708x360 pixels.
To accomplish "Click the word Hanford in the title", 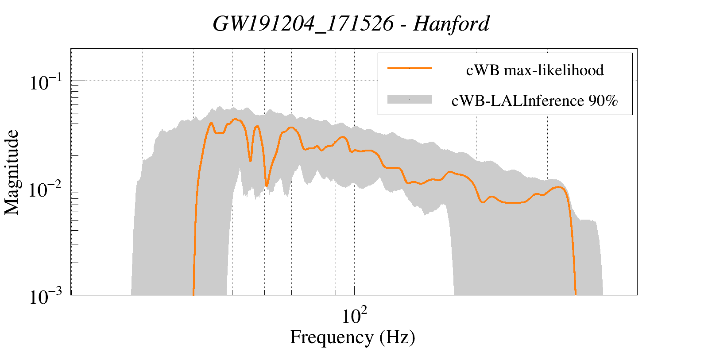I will click(451, 24).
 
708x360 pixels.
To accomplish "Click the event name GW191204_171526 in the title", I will click(303, 24).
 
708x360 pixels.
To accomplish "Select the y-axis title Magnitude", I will click(12, 172).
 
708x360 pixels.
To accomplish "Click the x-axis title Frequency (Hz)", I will click(352, 337).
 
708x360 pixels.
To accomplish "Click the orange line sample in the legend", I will click(409, 68).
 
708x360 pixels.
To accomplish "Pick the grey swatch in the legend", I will click(409, 100).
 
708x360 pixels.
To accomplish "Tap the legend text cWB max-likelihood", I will click(535, 70).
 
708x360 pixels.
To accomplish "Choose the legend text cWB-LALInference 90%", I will click(535, 101).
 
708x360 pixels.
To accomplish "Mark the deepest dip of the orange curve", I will click(267, 185).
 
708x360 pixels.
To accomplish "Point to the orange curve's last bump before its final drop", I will click(560, 187).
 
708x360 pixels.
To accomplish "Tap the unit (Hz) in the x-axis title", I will click(397, 337).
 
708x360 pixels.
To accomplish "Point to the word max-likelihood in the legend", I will click(553, 70).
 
